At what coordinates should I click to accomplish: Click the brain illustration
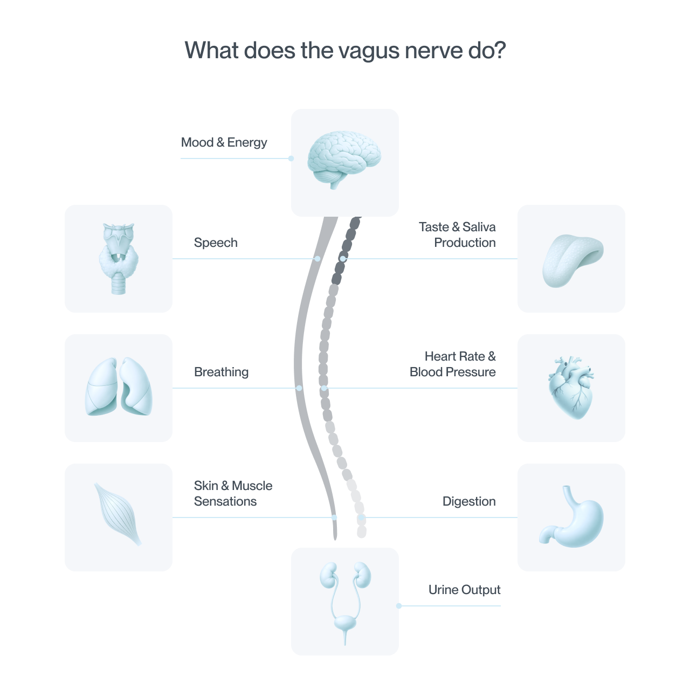(344, 160)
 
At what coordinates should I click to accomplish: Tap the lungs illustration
(119, 387)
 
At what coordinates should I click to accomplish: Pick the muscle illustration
(118, 514)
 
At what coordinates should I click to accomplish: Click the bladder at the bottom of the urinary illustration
(345, 624)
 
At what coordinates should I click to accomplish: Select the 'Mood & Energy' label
(224, 142)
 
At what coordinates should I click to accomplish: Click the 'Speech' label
(216, 243)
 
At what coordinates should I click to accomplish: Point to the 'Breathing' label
(222, 372)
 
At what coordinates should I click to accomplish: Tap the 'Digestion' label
(469, 501)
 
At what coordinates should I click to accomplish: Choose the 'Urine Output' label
(465, 590)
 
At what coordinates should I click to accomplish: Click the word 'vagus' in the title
(369, 51)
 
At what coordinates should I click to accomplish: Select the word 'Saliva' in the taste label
(479, 227)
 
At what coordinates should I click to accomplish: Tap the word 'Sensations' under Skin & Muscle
(225, 501)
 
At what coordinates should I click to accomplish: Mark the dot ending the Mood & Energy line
(291, 158)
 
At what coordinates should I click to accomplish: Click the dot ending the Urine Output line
(399, 606)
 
